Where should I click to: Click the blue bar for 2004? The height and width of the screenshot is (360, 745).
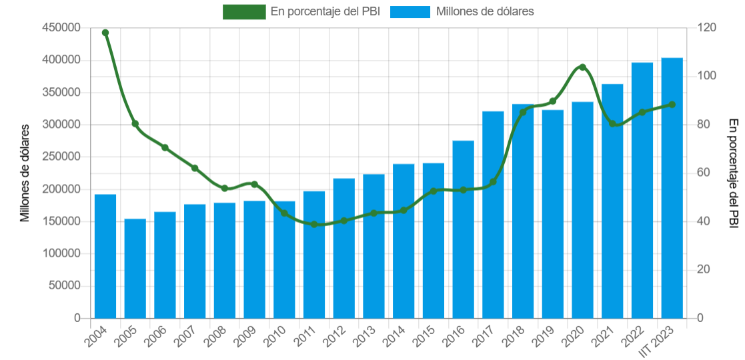click(105, 257)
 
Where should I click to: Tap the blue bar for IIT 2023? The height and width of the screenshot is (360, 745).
click(672, 188)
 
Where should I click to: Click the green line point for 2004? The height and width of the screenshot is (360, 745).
click(105, 33)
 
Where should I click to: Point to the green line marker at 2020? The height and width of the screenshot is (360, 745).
click(582, 67)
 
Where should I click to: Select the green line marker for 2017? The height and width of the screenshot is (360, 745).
click(493, 182)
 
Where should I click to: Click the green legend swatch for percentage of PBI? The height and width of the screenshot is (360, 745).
click(244, 11)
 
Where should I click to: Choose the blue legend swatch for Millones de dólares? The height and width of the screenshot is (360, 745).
click(410, 11)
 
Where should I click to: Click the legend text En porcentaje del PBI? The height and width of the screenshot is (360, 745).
click(325, 11)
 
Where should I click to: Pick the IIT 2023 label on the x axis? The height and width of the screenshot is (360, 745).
click(660, 341)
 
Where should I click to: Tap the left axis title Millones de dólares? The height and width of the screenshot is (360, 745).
click(25, 173)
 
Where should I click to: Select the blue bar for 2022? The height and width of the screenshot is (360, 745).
click(642, 191)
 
